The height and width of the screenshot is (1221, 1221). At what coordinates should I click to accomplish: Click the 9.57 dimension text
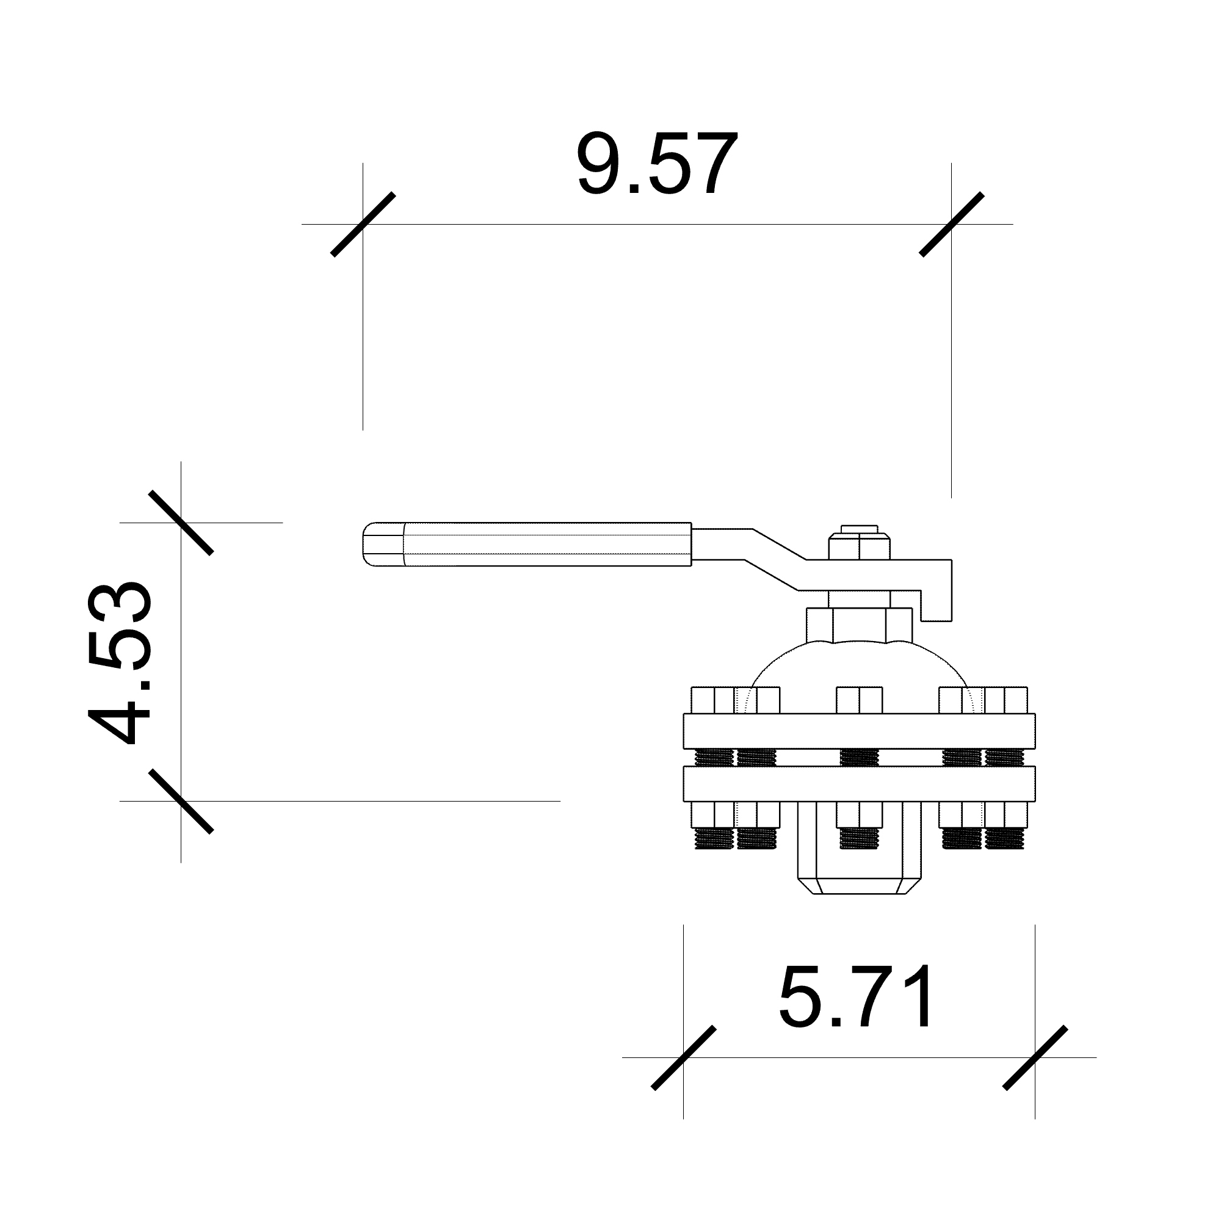[658, 164]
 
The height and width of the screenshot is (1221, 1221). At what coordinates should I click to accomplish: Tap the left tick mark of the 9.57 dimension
[363, 224]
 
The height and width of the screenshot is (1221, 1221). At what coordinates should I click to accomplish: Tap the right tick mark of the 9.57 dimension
[951, 224]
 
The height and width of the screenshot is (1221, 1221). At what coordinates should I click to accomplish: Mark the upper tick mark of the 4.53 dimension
[181, 523]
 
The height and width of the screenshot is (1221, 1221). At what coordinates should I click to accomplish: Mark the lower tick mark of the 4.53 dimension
[181, 802]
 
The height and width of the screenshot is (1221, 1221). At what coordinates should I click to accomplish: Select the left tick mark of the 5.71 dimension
[683, 1057]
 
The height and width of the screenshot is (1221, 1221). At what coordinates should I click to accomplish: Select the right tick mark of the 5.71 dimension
[1035, 1057]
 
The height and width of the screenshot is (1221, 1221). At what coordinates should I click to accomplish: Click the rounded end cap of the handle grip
[383, 544]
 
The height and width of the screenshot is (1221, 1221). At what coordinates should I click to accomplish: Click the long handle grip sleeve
[546, 544]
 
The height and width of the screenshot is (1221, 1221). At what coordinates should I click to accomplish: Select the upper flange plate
[859, 731]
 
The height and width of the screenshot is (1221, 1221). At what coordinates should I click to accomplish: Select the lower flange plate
[859, 784]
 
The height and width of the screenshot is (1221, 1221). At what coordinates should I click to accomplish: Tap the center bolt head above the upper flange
[859, 700]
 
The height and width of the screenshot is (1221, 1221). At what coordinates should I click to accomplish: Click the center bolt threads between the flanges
[859, 758]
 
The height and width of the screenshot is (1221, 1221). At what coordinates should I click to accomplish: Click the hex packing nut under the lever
[859, 625]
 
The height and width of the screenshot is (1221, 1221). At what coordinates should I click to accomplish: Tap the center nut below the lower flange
[859, 814]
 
